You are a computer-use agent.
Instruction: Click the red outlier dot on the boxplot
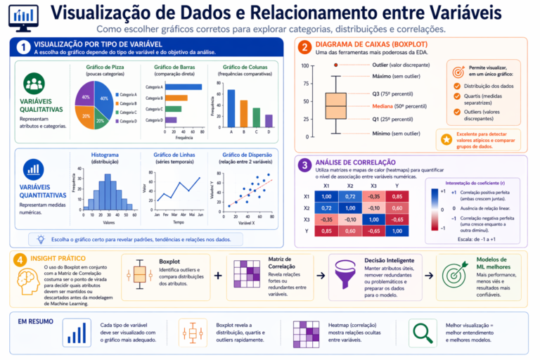click(336, 65)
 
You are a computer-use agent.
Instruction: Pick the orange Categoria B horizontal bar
click(176, 98)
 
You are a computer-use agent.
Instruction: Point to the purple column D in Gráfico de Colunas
click(268, 120)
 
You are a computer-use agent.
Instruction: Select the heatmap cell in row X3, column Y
click(397, 219)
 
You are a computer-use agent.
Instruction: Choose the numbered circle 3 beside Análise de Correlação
click(304, 165)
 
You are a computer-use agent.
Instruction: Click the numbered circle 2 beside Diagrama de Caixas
click(304, 48)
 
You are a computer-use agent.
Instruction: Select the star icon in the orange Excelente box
click(446, 139)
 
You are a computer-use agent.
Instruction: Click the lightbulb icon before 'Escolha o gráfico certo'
click(41, 240)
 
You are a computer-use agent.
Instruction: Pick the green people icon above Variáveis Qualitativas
click(34, 83)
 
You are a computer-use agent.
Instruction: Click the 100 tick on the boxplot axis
click(305, 65)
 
